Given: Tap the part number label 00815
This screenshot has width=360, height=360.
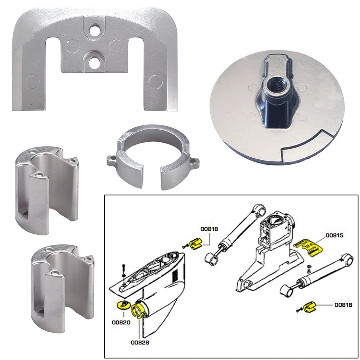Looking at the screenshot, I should (x=334, y=235).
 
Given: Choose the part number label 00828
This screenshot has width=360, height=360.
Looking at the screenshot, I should (x=140, y=342).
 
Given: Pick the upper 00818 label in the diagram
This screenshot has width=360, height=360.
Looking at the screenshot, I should (x=210, y=228).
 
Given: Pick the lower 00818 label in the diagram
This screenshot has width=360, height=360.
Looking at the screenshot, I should (x=343, y=305).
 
